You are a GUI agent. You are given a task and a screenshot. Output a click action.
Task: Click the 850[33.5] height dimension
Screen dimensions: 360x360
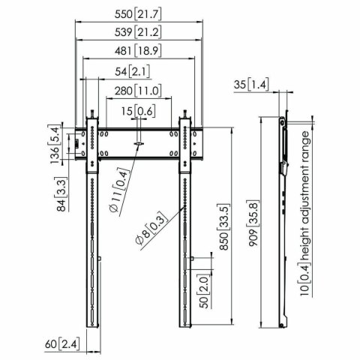(220, 224)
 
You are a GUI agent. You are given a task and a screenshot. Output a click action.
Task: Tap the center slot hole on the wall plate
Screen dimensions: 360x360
(140, 142)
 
